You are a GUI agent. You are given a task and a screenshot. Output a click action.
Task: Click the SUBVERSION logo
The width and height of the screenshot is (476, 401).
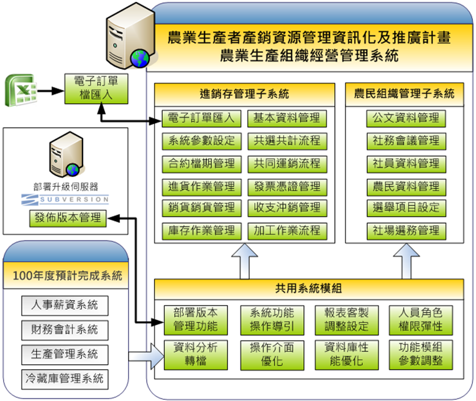click(x=65, y=200)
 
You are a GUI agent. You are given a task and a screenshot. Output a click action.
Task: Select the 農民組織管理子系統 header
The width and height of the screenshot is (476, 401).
click(x=405, y=95)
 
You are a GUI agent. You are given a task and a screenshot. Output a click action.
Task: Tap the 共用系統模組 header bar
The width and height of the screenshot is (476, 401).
click(x=308, y=288)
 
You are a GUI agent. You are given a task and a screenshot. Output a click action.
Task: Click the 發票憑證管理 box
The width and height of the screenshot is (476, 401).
click(x=286, y=186)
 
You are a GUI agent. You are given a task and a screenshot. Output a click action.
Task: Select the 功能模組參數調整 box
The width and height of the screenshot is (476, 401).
click(x=420, y=354)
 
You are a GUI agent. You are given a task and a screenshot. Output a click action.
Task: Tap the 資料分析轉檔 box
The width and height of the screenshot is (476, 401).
click(x=196, y=354)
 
